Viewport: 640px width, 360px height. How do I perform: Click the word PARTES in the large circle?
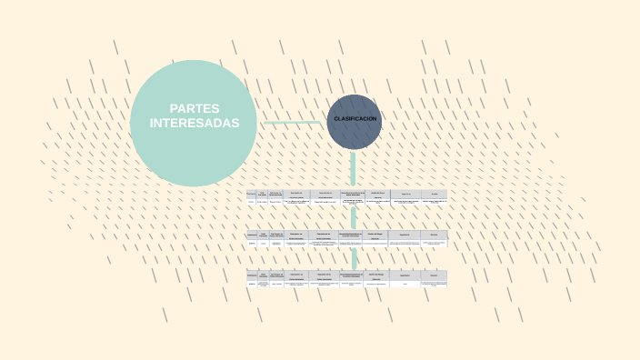[x=195, y=108]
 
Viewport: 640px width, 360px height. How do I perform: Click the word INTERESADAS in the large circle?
[x=195, y=123]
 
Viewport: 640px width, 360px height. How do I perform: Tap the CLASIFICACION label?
[x=355, y=119]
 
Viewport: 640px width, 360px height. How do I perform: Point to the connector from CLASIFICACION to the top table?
[x=353, y=169]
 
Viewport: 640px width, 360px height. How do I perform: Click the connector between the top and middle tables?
[x=354, y=218]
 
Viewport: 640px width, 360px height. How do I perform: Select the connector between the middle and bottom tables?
[x=354, y=258]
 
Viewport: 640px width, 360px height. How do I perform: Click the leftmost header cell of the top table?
[x=251, y=194]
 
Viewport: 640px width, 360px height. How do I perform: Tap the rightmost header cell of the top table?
[x=435, y=194]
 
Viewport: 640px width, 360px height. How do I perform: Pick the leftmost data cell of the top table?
[x=251, y=202]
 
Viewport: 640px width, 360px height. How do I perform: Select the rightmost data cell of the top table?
[x=435, y=202]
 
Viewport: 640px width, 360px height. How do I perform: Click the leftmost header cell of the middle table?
[x=252, y=235]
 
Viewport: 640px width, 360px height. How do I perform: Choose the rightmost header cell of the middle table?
[x=435, y=235]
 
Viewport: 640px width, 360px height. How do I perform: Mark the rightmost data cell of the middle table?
[x=435, y=243]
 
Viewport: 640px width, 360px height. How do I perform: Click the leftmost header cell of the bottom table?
[x=252, y=275]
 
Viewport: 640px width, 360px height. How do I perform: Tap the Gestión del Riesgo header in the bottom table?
[x=376, y=275]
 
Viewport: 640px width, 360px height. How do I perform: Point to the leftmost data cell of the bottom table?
[x=252, y=284]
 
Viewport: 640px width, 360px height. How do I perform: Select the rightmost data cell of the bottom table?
[x=435, y=284]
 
